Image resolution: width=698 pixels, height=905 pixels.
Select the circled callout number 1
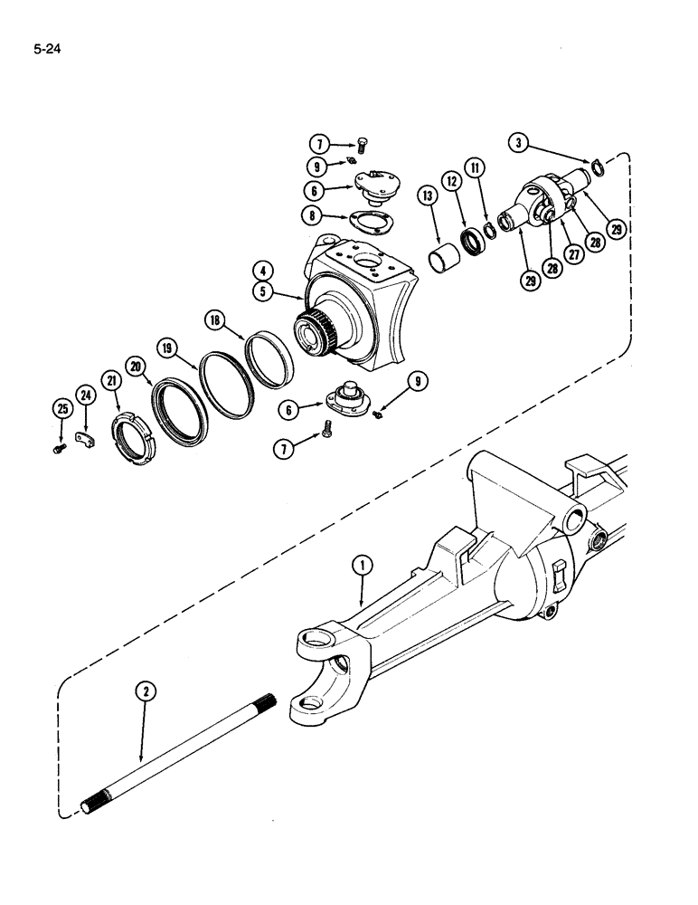coord(363,567)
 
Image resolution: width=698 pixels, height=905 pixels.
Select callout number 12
coord(450,183)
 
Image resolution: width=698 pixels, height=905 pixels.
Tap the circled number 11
coord(475,167)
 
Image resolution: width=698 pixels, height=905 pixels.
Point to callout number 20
coord(137,366)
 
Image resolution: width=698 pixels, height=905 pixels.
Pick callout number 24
coord(85,395)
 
